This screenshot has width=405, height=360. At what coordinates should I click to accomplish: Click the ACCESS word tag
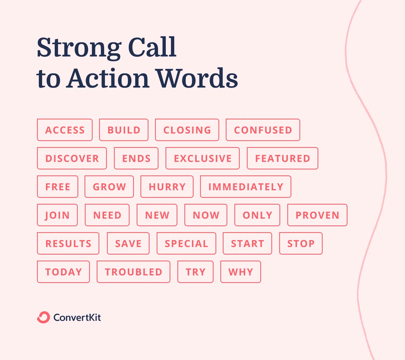click(x=65, y=130)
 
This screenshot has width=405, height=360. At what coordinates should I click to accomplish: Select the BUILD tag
click(x=124, y=130)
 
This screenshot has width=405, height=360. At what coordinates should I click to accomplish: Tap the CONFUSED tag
click(x=263, y=130)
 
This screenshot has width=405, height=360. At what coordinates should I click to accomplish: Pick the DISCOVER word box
click(x=72, y=158)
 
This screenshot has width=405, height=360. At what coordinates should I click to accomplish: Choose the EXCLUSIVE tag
click(x=202, y=158)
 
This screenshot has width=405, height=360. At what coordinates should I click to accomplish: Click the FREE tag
click(x=58, y=187)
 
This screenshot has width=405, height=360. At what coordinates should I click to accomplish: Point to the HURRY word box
click(x=167, y=187)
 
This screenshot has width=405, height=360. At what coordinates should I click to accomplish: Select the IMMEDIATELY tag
click(x=245, y=187)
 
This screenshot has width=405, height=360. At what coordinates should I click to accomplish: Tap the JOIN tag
click(x=57, y=215)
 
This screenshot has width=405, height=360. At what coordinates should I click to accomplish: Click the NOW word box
click(x=206, y=215)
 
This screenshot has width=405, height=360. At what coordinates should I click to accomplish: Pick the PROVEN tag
click(x=317, y=215)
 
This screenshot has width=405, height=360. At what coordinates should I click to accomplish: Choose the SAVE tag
click(x=128, y=244)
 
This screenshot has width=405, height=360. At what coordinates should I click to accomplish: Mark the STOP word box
click(x=301, y=244)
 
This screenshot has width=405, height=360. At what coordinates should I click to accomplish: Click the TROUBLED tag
click(x=133, y=272)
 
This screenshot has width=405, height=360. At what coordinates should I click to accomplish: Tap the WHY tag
click(x=241, y=272)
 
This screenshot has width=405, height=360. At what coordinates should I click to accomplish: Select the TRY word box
click(x=195, y=272)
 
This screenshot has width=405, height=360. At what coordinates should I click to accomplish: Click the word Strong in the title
click(x=79, y=48)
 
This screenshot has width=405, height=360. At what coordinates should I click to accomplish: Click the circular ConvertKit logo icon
click(x=43, y=317)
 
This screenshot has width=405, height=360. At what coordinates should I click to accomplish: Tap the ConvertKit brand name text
click(x=77, y=317)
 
